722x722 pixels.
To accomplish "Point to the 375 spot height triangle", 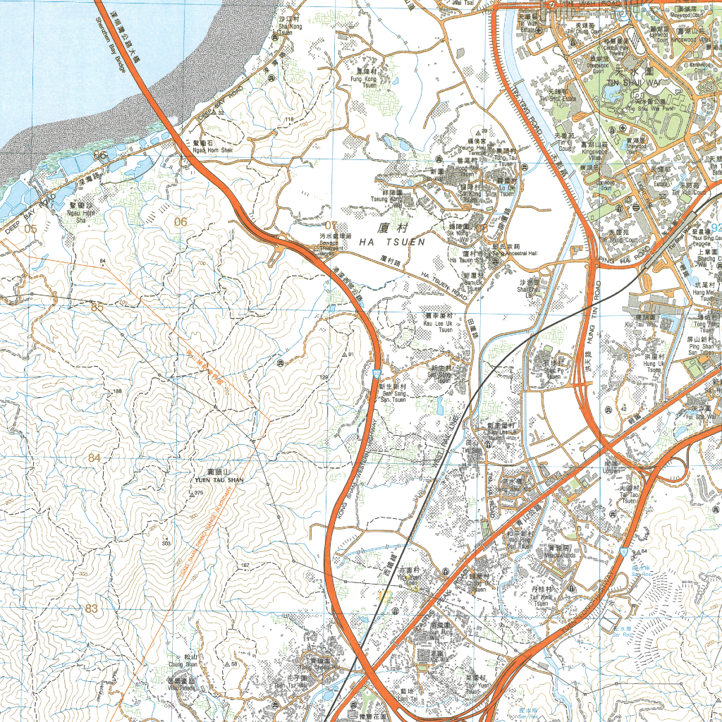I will tap(192, 494).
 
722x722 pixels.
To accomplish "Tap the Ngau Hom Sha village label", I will tap(80, 216).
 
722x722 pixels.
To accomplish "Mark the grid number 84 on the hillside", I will tap(94, 458).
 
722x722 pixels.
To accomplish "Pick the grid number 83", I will tap(92, 608).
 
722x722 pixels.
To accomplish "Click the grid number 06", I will tap(181, 222).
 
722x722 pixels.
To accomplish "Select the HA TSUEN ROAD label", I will tap(444, 286).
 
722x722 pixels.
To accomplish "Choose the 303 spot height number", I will tap(166, 544).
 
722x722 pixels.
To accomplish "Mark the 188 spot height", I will tap(117, 391).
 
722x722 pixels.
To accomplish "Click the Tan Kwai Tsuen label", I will tap(541, 600).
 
